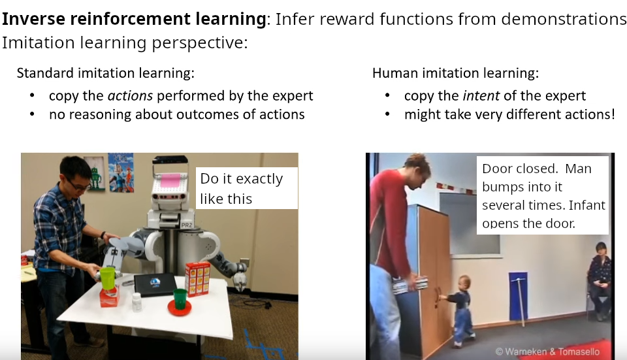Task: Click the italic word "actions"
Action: point(131,96)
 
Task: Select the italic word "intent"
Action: point(481,96)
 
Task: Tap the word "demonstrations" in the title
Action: point(564,19)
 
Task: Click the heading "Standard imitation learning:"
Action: point(106,73)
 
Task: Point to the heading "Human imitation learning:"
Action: point(455,73)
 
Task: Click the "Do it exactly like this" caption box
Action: point(247,188)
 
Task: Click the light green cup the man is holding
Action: point(107,278)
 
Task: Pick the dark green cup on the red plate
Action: point(180,299)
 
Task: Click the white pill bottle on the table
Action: point(137,302)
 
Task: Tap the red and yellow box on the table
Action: point(197,279)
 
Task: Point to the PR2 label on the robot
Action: point(186,225)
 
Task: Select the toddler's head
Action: point(464,283)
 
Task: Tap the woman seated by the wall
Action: point(599,280)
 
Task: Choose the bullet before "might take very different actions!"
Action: point(387,115)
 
